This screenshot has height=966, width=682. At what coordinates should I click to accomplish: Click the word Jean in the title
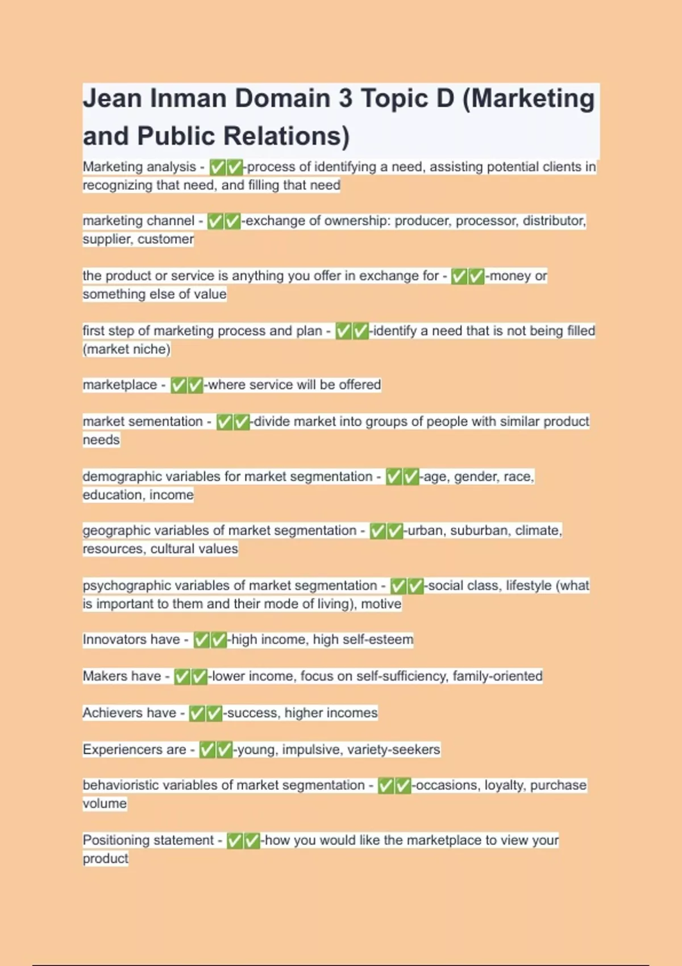(x=112, y=98)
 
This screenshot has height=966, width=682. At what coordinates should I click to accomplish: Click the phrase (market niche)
(x=126, y=349)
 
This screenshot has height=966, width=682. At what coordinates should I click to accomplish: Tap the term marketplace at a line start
(x=119, y=385)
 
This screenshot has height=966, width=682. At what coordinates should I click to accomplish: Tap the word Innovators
(x=131, y=639)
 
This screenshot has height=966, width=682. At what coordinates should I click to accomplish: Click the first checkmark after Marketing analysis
(x=218, y=167)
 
